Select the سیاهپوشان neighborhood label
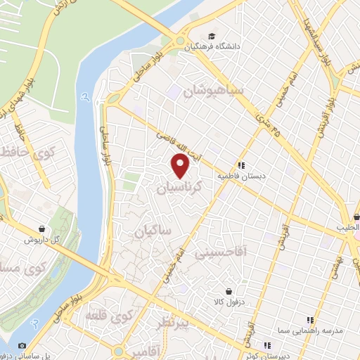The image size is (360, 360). tap(213, 91)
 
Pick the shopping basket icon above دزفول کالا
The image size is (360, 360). tap(228, 290)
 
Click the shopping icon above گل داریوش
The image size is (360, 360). tap(44, 228)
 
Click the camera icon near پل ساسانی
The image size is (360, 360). tap(22, 345)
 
